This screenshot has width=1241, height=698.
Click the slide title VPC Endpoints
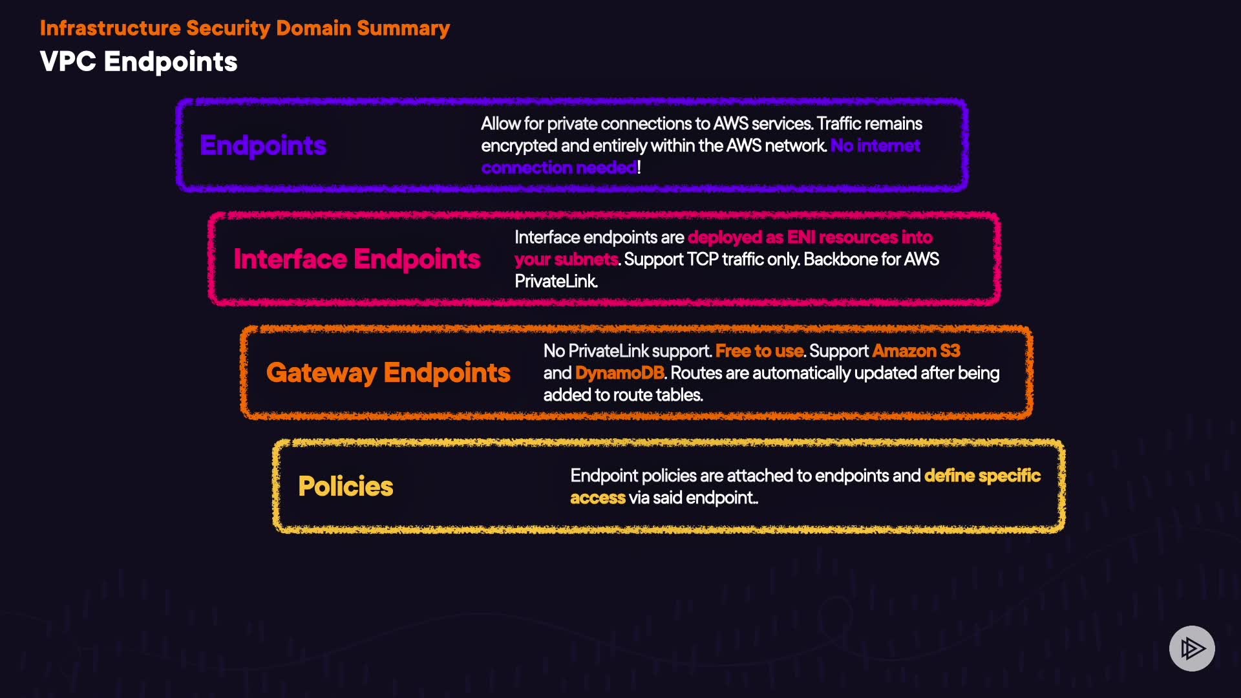(138, 62)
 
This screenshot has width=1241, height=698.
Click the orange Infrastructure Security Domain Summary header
(244, 28)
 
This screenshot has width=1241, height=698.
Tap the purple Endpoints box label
(263, 145)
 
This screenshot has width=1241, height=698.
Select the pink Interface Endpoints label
(357, 259)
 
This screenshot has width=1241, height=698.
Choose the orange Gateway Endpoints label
(388, 373)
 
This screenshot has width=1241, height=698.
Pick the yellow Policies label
(345, 487)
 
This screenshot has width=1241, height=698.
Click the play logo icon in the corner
(1192, 648)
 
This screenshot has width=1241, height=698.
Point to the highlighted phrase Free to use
(759, 351)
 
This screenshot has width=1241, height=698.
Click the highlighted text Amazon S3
(916, 351)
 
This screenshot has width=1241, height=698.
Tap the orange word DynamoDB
(619, 373)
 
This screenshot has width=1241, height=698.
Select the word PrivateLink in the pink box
(555, 281)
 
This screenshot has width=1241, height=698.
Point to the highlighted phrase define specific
(982, 476)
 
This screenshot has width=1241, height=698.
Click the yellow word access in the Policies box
(597, 498)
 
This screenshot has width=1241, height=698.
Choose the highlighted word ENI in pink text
(801, 237)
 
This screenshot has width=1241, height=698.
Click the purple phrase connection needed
(559, 167)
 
